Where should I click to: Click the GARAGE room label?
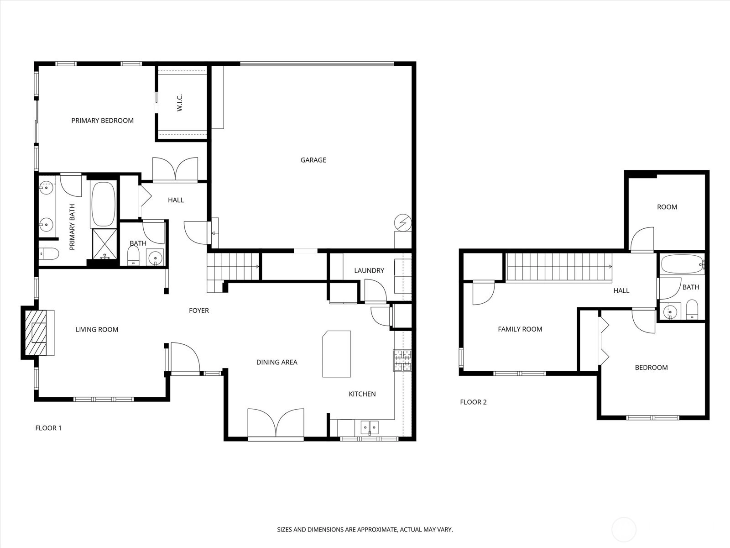click(x=313, y=160)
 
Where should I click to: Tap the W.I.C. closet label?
click(x=180, y=102)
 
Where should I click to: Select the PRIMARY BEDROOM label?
click(x=103, y=121)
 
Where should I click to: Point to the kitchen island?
click(x=337, y=353)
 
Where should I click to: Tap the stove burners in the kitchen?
click(x=402, y=360)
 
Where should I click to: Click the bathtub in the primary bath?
click(x=104, y=204)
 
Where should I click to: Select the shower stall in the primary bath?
click(x=104, y=244)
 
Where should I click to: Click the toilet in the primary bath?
click(x=49, y=254)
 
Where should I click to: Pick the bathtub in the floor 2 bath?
click(x=683, y=264)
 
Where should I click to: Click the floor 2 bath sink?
click(x=670, y=312)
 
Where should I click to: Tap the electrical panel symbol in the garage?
click(x=403, y=222)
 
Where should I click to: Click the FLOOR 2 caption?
click(x=473, y=402)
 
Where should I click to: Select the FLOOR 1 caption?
click(x=48, y=428)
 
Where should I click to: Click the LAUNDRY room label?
click(x=369, y=270)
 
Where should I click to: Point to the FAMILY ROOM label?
click(x=520, y=329)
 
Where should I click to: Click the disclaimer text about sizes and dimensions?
click(x=365, y=529)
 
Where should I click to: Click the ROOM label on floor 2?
click(x=667, y=207)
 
